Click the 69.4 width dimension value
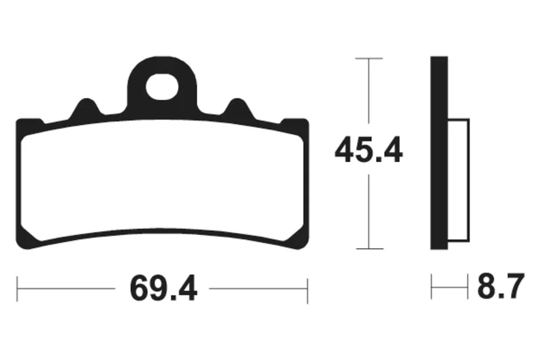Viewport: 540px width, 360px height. click(163, 288)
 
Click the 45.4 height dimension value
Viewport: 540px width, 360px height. click(369, 150)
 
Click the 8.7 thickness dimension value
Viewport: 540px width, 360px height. click(501, 286)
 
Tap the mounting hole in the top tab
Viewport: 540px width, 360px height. click(162, 86)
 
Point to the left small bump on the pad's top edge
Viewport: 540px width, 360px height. click(85, 108)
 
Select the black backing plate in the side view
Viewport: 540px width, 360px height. click(439, 153)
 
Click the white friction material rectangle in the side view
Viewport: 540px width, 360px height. click(459, 180)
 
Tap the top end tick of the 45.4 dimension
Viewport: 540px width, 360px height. click(369, 59)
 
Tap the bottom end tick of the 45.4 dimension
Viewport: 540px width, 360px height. click(369, 249)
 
